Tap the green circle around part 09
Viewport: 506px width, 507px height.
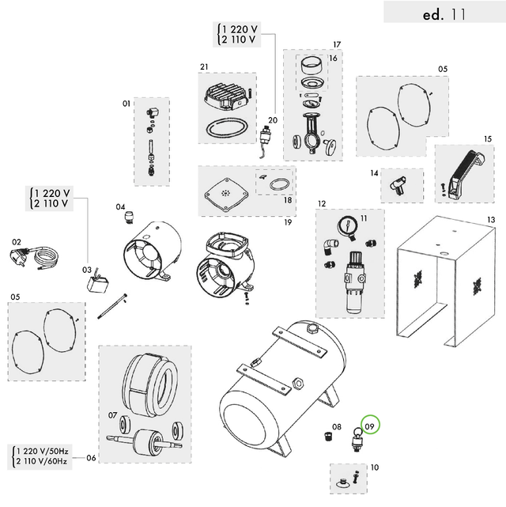(x=369, y=426)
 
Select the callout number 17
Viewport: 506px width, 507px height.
(x=336, y=44)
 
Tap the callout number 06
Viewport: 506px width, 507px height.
(x=92, y=458)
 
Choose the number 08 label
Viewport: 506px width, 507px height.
(x=337, y=427)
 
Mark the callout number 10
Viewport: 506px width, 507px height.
(x=374, y=467)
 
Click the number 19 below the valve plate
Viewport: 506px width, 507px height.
(x=289, y=222)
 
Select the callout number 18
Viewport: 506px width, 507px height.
(x=287, y=201)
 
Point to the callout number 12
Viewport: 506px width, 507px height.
(x=322, y=203)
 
